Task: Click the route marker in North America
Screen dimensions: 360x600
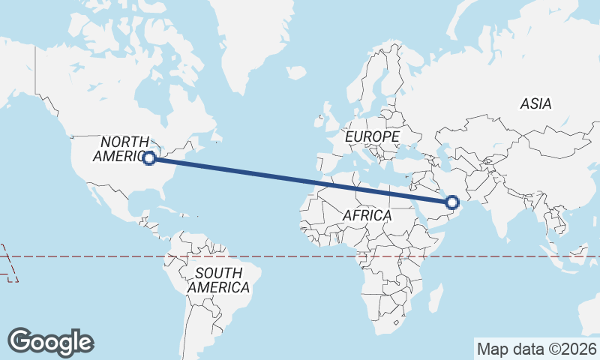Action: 149,158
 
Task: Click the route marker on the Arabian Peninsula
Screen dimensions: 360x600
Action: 452,202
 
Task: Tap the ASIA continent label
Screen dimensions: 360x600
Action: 535,104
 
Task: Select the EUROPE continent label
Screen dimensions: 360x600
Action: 372,136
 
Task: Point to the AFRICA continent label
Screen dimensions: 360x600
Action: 367,215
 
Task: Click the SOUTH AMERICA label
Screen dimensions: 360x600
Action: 218,280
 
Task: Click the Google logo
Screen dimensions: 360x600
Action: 51,342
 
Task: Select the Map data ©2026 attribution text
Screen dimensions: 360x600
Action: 537,349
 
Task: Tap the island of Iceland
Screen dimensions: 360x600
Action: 295,73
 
